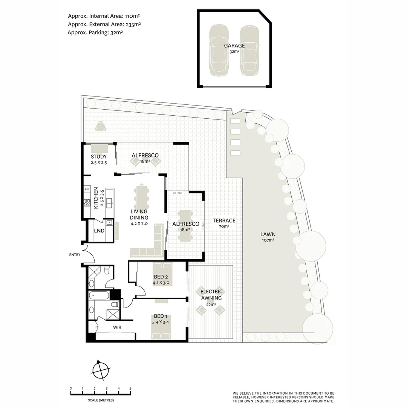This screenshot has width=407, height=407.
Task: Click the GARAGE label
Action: (234, 46)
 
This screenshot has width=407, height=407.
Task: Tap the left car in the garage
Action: (219, 50)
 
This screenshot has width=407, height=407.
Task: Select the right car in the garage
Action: (249, 50)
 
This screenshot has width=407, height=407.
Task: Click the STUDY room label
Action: (99, 156)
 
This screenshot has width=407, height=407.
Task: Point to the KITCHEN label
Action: (96, 198)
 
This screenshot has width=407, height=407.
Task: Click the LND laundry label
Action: (99, 231)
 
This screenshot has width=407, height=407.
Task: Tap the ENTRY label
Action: (75, 255)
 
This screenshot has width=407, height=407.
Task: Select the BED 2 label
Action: (161, 277)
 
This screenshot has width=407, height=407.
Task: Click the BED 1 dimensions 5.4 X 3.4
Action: (161, 322)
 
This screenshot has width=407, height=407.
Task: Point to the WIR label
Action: (117, 327)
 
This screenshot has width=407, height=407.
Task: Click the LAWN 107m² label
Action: (268, 237)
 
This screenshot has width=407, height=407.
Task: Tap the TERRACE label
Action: (224, 220)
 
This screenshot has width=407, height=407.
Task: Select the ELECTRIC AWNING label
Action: (211, 295)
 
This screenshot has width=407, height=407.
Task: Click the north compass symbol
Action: (101, 370)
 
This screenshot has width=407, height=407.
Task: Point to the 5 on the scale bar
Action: (130, 389)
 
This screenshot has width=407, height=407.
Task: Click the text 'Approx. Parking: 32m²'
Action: (95, 32)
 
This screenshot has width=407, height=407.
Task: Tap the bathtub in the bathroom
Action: (99, 295)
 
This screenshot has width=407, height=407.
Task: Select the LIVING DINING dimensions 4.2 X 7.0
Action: (139, 223)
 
